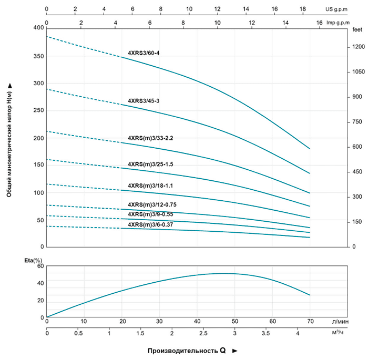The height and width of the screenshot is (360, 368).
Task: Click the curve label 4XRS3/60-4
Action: pyautogui.click(x=145, y=53)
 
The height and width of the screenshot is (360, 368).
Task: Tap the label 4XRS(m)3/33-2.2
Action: pyautogui.click(x=150, y=138)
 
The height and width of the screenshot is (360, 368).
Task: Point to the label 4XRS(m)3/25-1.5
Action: pyautogui.click(x=150, y=164)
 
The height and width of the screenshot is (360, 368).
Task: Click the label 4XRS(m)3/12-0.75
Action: pyautogui.click(x=152, y=204)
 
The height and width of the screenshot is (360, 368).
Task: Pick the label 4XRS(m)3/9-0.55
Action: pyautogui.click(x=150, y=214)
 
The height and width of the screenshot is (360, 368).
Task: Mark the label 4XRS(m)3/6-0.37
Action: pyautogui.click(x=150, y=224)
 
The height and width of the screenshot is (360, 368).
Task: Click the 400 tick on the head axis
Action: pyautogui.click(x=39, y=28)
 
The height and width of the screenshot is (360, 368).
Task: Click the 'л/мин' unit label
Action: pyautogui.click(x=340, y=321)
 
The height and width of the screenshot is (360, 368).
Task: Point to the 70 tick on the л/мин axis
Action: pyautogui.click(x=310, y=321)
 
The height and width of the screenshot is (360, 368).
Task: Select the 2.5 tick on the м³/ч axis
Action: pyautogui.click(x=203, y=333)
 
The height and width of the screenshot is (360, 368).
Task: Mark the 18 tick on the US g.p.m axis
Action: pyautogui.click(x=303, y=9)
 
